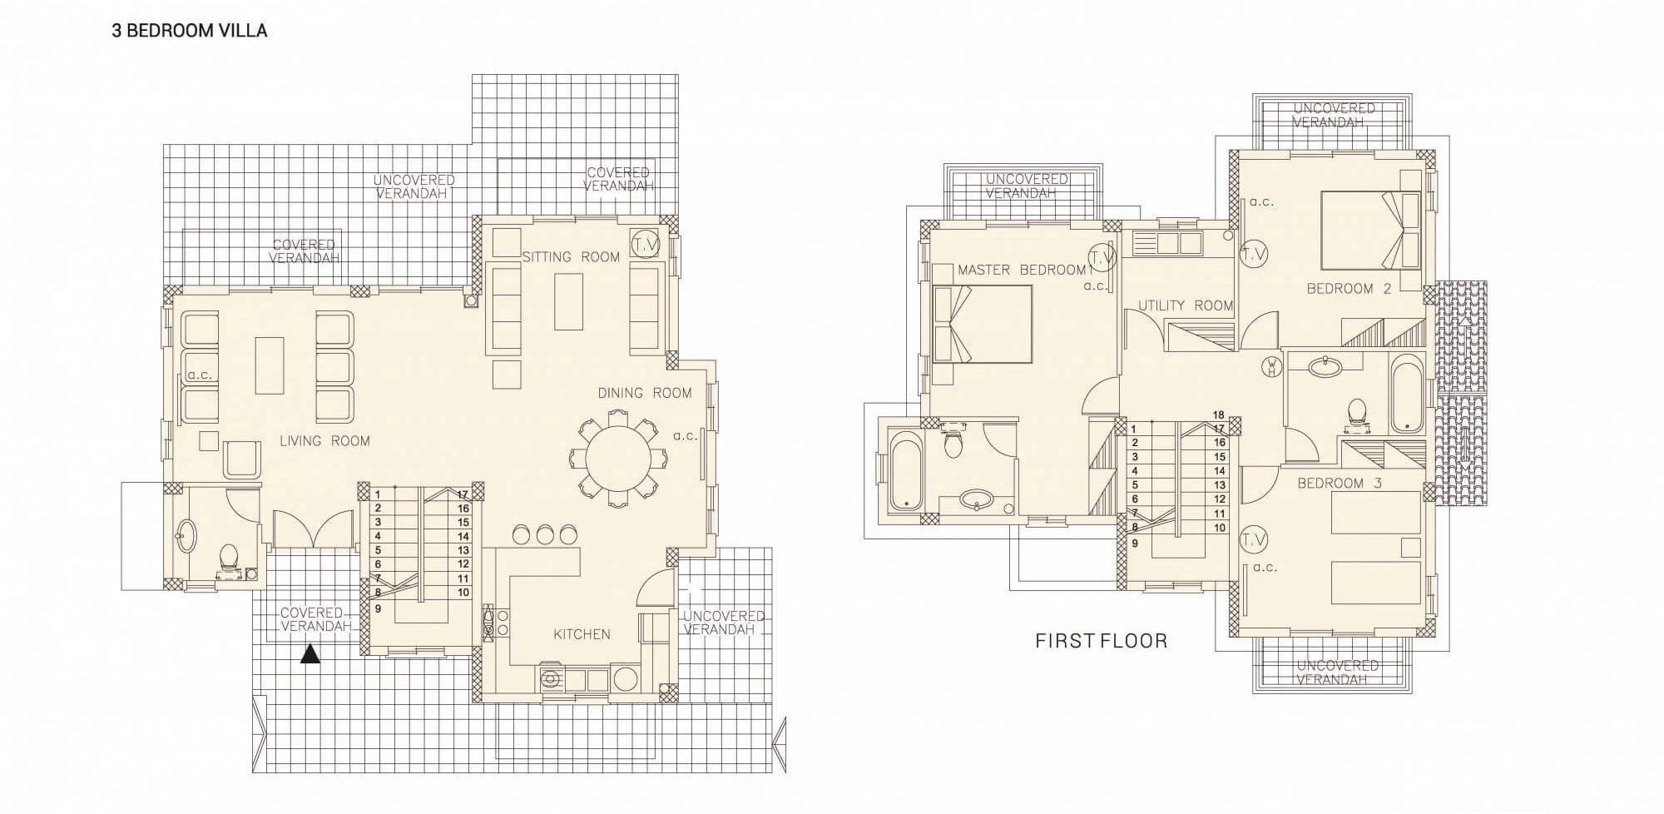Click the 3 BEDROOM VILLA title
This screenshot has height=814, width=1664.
[190, 31]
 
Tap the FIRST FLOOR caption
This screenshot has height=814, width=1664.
[1101, 641]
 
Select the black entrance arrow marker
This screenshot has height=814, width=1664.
[310, 654]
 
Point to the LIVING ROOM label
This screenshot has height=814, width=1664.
[324, 441]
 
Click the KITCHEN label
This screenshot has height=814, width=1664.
[582, 634]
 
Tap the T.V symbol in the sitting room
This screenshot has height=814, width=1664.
[645, 244]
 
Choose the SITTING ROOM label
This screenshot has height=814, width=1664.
[571, 257]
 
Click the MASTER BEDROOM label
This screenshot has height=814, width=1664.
[1022, 270]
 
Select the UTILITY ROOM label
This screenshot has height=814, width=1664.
[1186, 305]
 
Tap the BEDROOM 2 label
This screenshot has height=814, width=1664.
[1349, 289]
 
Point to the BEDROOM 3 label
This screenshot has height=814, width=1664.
[1340, 483]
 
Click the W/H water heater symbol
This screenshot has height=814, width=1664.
[1272, 366]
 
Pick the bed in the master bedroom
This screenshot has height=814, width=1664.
[983, 324]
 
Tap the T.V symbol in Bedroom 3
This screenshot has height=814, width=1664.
[1253, 540]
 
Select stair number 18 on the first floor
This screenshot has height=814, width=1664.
[1219, 414]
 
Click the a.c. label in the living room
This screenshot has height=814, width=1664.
[200, 375]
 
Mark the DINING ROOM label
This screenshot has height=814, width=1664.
[645, 393]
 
